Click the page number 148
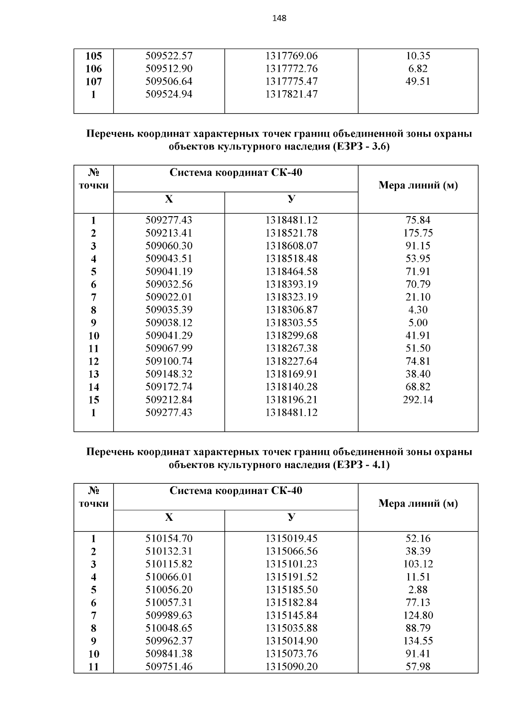coord(279,18)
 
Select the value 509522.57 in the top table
coord(169,56)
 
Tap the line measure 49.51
coord(418,81)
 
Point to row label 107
coord(93,82)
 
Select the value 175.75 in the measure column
coord(418,233)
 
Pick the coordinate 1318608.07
coord(292,246)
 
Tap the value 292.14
coord(418,400)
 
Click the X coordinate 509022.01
coord(169,297)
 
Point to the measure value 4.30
coord(418,310)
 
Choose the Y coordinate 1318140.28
coord(292,387)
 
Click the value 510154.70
coord(169,539)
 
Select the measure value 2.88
coord(418,590)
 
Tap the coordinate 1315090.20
coord(292,667)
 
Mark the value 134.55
coord(418,641)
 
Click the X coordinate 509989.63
coord(169,616)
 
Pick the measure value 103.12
coord(418,564)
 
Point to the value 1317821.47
coord(292,94)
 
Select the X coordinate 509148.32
coord(169,374)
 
